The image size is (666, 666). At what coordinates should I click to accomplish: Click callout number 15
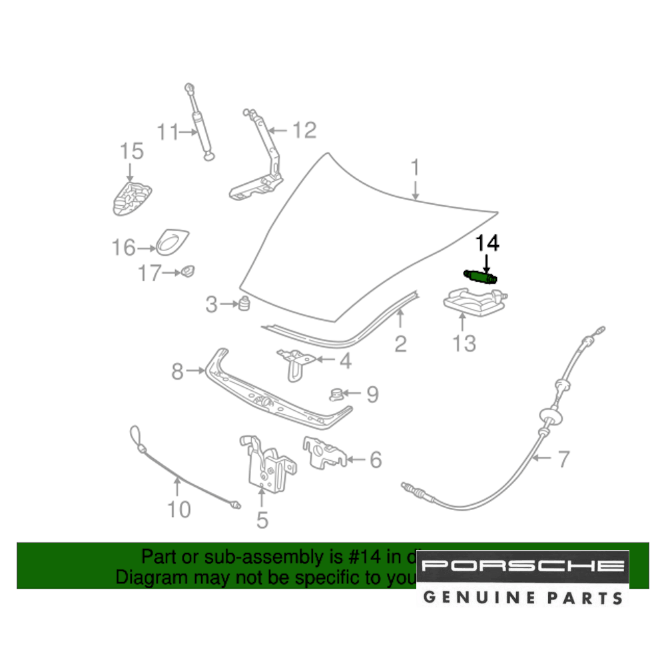(131, 151)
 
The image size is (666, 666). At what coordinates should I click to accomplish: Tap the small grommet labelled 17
(187, 271)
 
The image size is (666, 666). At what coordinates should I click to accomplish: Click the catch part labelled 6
(324, 452)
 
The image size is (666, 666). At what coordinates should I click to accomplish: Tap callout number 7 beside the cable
(563, 458)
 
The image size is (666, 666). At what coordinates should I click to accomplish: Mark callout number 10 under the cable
(178, 509)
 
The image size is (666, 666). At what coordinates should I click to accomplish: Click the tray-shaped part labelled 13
(475, 302)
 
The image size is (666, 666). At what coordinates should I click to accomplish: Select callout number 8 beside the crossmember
(177, 371)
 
